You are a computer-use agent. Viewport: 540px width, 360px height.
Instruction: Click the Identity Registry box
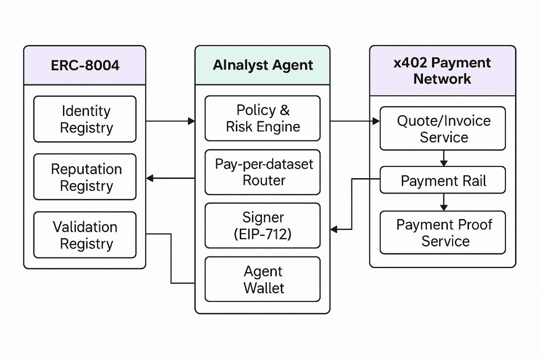(85, 119)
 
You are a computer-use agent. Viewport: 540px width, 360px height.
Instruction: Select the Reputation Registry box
(85, 177)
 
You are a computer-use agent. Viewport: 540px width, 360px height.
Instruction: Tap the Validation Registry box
(85, 235)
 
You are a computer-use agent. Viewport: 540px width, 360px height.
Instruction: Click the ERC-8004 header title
(85, 65)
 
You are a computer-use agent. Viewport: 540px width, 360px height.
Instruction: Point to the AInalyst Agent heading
(263, 65)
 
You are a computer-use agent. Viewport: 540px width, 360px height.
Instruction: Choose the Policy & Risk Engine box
(263, 118)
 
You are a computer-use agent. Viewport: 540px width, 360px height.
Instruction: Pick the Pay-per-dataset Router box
(263, 172)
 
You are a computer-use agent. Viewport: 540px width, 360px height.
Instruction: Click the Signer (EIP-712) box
(263, 225)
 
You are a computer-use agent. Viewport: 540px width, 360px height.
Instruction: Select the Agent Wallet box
(263, 279)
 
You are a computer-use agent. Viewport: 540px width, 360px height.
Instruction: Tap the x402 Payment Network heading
(443, 71)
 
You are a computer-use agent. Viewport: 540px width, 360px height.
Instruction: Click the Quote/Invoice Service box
(443, 128)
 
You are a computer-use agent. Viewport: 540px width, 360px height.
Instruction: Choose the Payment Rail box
(443, 180)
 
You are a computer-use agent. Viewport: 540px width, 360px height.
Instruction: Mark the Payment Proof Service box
(443, 232)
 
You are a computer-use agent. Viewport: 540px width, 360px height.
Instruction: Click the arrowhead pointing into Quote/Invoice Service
(376, 121)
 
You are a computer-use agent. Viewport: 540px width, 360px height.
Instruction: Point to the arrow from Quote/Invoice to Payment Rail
(444, 158)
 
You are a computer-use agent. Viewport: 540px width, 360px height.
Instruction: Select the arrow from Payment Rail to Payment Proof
(444, 202)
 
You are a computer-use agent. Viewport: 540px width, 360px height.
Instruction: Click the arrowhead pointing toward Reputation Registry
(150, 179)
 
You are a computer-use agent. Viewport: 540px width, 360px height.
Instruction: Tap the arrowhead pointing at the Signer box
(334, 229)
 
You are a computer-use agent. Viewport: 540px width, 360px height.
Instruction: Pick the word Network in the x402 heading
(443, 79)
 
